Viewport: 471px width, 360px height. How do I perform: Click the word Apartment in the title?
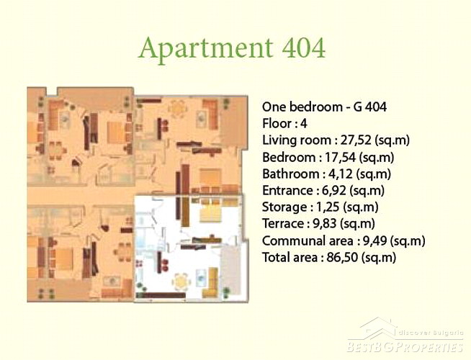(206, 49)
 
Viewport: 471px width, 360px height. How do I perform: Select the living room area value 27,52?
(356, 140)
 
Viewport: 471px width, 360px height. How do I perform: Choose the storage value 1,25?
(331, 207)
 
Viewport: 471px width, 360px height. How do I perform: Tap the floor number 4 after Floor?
(304, 123)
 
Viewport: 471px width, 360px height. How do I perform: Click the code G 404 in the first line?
(369, 107)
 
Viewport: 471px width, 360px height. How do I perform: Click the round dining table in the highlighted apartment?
(181, 282)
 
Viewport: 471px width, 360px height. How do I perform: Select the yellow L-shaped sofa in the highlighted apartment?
(212, 282)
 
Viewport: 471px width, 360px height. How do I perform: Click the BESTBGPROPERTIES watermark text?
(405, 347)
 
